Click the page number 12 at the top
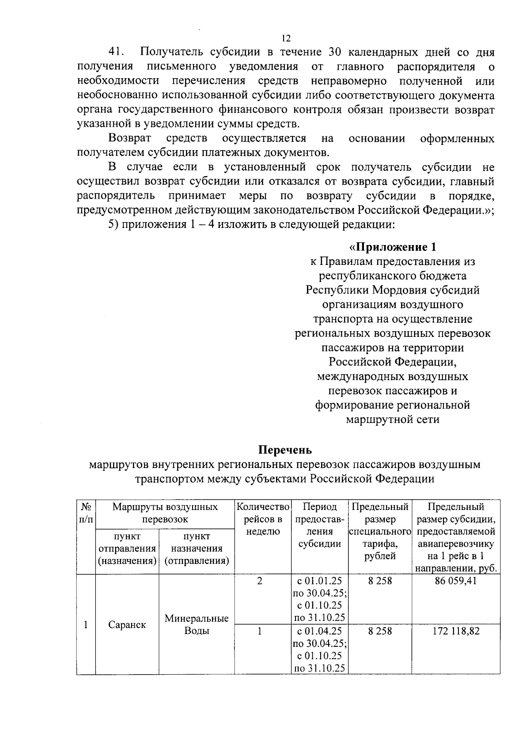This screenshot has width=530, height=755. click(x=286, y=38)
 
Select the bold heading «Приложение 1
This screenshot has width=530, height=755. click(x=393, y=247)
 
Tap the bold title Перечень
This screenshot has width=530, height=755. click(x=285, y=450)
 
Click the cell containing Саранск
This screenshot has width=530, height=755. click(x=127, y=625)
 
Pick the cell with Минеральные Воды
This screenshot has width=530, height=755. click(x=197, y=624)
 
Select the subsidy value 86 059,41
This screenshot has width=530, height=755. click(x=456, y=581)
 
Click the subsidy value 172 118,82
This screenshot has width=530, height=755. click(x=456, y=631)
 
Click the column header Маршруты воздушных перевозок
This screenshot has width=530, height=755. click(x=165, y=513)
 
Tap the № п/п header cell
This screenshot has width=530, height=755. click(x=86, y=513)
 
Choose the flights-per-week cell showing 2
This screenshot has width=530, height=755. click(x=260, y=581)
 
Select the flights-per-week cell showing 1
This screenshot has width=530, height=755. click(x=260, y=631)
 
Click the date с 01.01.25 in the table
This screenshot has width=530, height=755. click(x=319, y=581)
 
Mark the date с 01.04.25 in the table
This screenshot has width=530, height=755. click(x=319, y=631)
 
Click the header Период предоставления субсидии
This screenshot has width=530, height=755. click(x=319, y=525)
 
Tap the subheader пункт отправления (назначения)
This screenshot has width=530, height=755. click(x=127, y=548)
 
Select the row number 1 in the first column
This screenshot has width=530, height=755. click(x=85, y=625)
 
